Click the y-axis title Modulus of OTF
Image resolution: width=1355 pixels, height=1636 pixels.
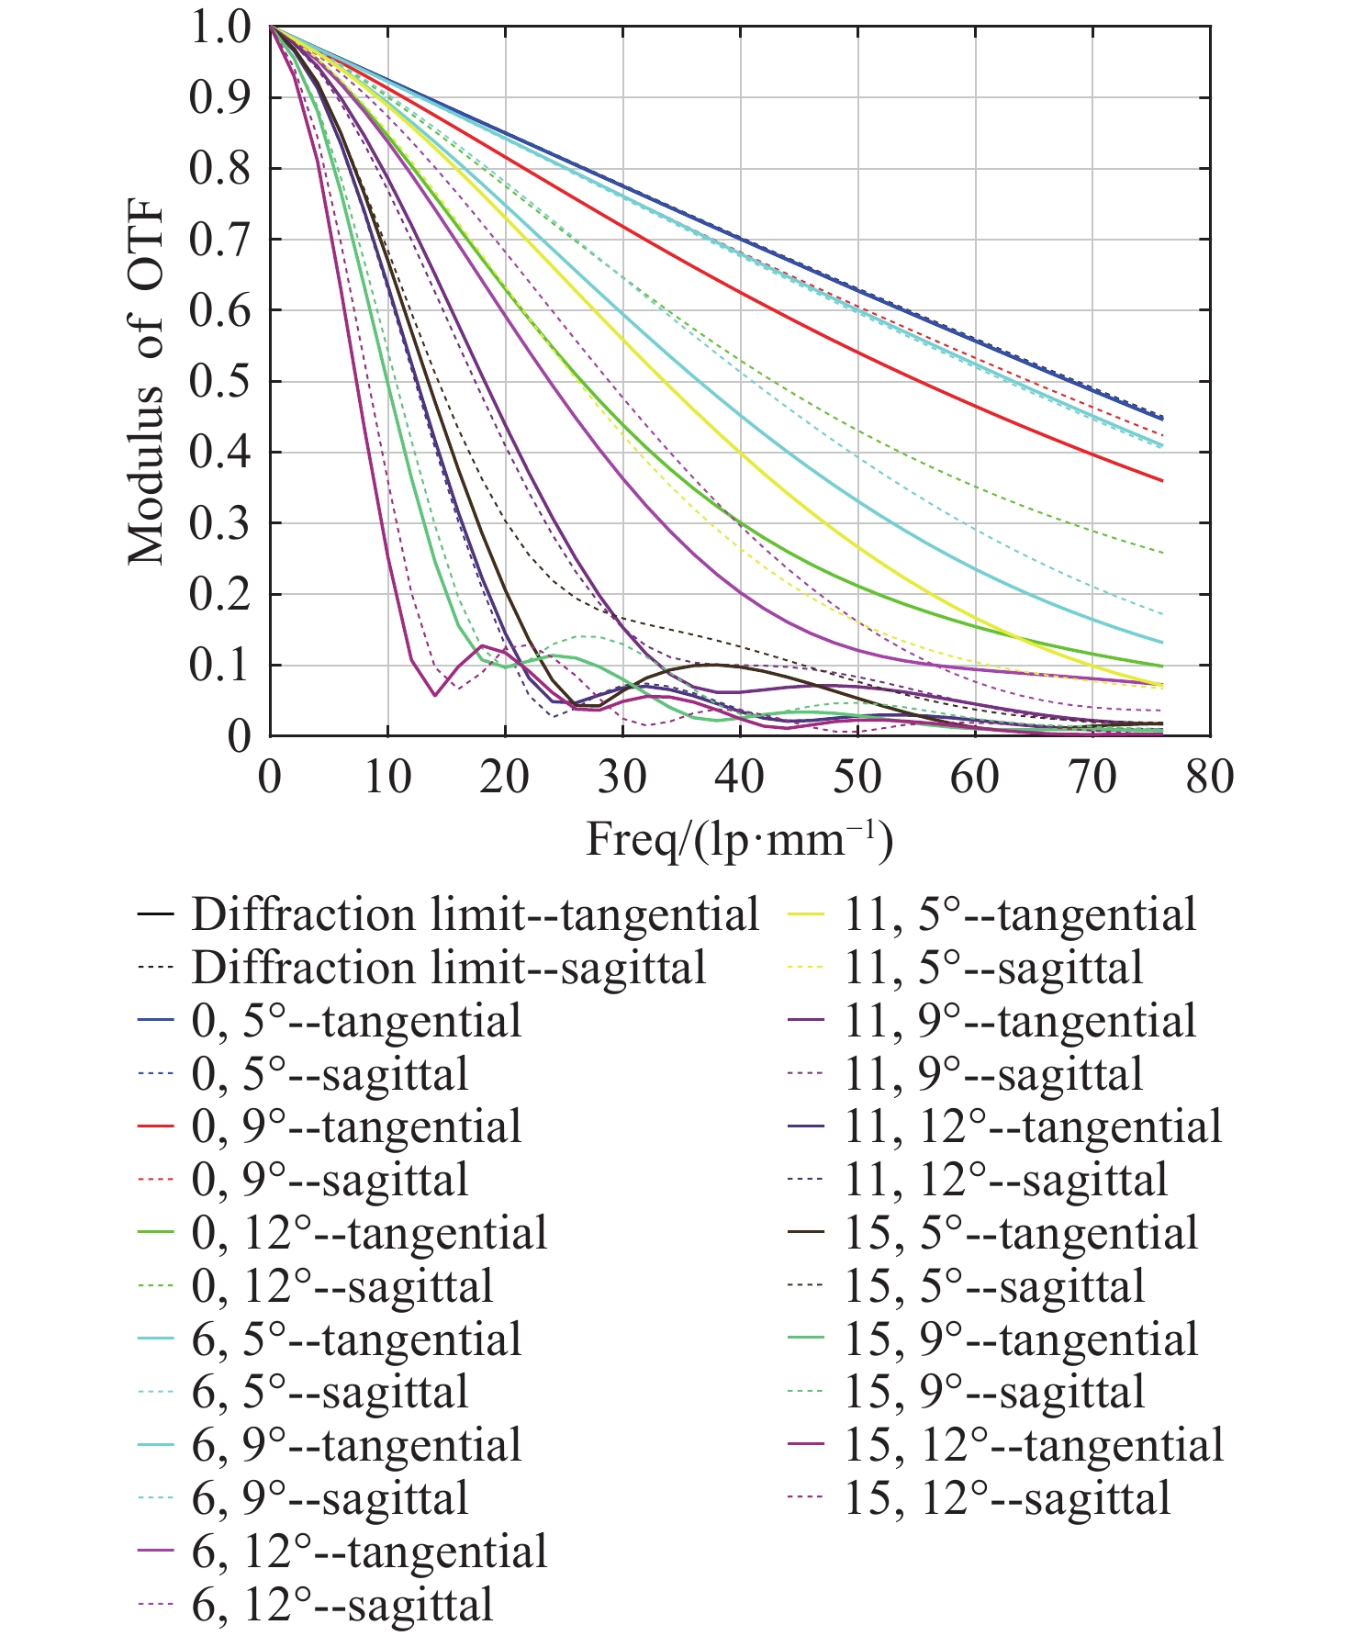tap(145, 382)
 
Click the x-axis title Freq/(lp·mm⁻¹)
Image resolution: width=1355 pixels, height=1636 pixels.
tap(739, 838)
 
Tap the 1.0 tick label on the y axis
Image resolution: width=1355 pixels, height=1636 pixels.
tap(219, 28)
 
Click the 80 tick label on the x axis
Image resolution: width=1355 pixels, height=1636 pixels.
tap(1209, 777)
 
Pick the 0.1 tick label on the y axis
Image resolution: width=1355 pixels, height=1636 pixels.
tap(219, 666)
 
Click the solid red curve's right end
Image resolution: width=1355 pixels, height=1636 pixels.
tap(1162, 480)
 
